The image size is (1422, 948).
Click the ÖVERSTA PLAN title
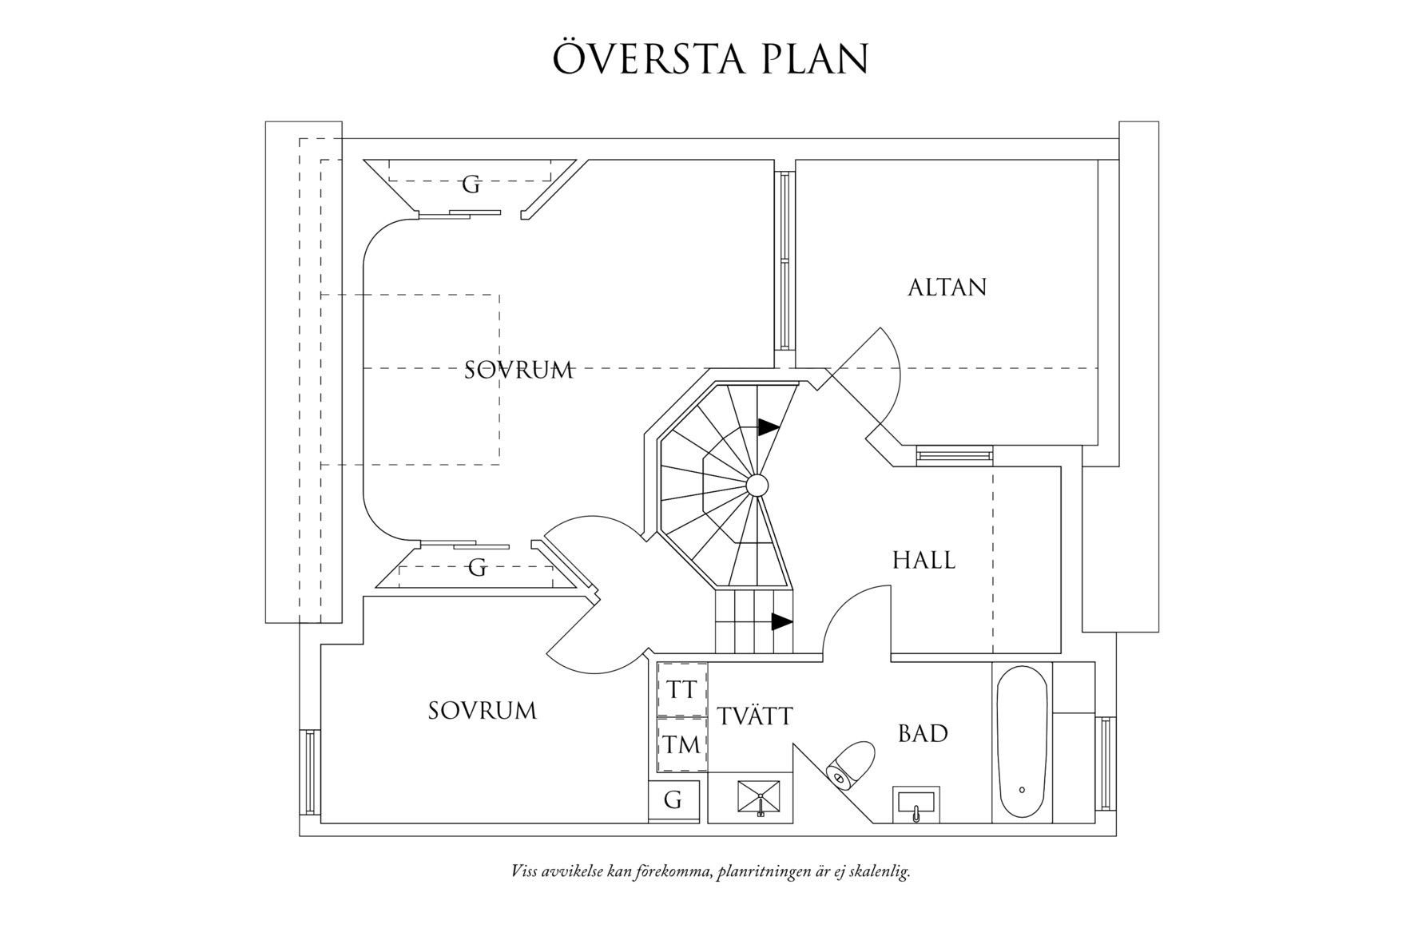pyautogui.click(x=710, y=58)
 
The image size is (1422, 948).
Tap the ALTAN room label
pyautogui.click(x=947, y=288)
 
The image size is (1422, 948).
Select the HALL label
pyautogui.click(x=924, y=560)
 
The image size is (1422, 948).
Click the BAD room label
pyautogui.click(x=923, y=733)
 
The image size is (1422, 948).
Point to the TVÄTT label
pyautogui.click(x=755, y=716)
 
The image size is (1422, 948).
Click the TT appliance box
pyautogui.click(x=681, y=689)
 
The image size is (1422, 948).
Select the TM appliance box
pyautogui.click(x=681, y=745)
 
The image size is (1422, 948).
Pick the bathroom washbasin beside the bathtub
pyautogui.click(x=919, y=803)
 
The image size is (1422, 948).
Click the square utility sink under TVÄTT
pyautogui.click(x=760, y=799)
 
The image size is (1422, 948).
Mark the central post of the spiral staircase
pyautogui.click(x=757, y=484)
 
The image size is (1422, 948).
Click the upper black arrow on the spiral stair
pyautogui.click(x=769, y=427)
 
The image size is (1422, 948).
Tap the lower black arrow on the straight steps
pyautogui.click(x=781, y=621)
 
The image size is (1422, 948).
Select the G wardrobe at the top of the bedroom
pyautogui.click(x=471, y=185)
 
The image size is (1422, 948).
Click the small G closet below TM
pyautogui.click(x=673, y=799)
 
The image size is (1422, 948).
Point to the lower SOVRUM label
pyautogui.click(x=482, y=711)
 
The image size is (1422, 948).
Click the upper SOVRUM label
pyautogui.click(x=518, y=370)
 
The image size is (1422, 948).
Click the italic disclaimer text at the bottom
pyautogui.click(x=710, y=871)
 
